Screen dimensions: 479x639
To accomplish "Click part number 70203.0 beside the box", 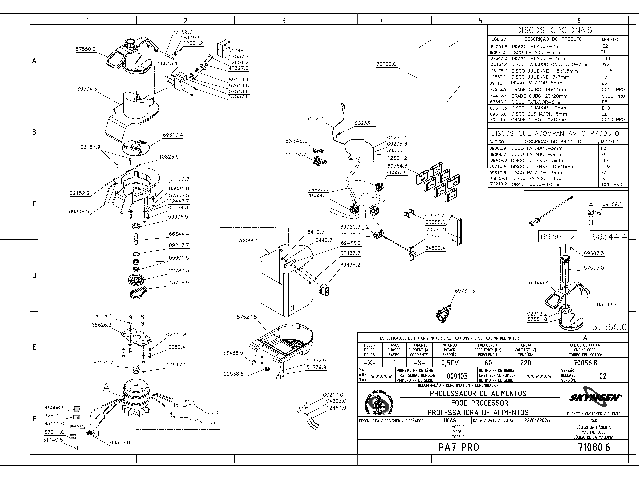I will coord(386,64).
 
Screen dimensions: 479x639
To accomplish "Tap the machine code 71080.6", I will coord(594,447).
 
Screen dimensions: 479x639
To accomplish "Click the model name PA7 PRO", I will coord(458,447).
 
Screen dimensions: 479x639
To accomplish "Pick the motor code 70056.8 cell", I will coord(585,363).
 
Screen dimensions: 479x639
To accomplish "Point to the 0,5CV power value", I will coord(450,363).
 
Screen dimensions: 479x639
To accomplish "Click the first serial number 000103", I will coord(457,376).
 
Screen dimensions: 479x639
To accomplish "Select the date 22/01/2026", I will coord(537,420).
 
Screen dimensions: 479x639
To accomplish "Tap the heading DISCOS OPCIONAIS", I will coord(554,30).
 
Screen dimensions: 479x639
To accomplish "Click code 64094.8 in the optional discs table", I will coord(499,46).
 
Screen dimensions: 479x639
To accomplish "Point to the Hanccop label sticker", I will coord(77,426).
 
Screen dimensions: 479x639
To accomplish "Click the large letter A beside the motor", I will coord(106,388).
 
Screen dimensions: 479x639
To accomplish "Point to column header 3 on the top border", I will coord(284,20).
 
